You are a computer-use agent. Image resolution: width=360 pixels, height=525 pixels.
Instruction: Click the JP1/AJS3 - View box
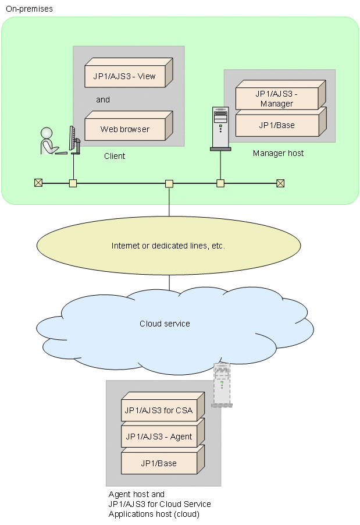tap(124, 76)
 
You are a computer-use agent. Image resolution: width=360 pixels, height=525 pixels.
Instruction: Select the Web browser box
tap(124, 129)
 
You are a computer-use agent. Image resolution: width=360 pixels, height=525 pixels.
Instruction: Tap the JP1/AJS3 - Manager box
tap(277, 98)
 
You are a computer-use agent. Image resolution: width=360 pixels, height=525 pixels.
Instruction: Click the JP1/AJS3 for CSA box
tap(158, 410)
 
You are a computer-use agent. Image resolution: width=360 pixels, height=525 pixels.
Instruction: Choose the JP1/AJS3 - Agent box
tap(158, 437)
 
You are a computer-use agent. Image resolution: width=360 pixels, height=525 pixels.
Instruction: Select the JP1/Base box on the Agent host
tap(158, 463)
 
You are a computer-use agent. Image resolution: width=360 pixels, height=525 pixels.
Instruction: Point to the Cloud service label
tap(165, 324)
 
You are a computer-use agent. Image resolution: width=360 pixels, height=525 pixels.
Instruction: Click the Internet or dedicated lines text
tap(168, 246)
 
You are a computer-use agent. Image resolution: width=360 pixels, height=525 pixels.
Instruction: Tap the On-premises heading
tap(29, 9)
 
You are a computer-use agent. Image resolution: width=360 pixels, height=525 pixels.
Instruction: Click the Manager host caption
tap(278, 153)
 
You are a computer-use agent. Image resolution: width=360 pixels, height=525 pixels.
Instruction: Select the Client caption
tap(115, 156)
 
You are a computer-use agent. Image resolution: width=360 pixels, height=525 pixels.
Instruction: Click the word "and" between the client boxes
tap(103, 100)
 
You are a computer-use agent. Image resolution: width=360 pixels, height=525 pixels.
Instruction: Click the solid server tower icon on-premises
tap(220, 129)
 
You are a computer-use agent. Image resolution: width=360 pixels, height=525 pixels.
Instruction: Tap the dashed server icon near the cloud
tap(222, 385)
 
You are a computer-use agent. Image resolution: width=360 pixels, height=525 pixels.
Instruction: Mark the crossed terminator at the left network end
tap(38, 183)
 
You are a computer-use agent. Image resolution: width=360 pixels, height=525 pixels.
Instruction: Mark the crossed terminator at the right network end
tap(280, 183)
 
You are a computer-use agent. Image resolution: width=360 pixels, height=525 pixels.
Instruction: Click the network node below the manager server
tap(220, 183)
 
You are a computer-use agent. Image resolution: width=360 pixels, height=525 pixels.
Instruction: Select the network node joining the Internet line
tap(169, 183)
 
